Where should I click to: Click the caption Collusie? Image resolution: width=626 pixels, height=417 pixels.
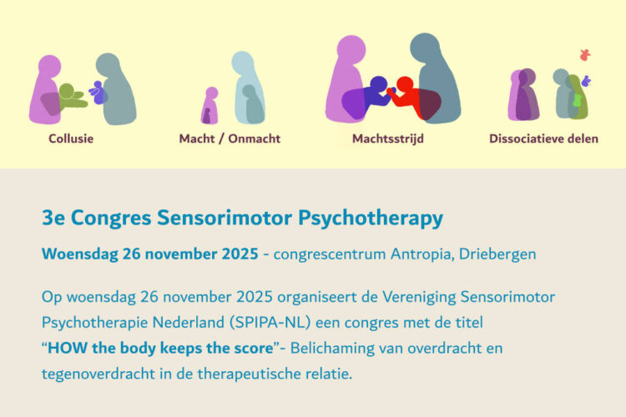[71, 138]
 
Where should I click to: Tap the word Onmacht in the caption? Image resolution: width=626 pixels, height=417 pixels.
[255, 138]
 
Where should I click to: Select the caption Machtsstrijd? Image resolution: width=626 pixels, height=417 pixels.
[387, 138]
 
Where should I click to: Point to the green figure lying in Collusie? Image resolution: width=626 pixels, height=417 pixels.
[72, 97]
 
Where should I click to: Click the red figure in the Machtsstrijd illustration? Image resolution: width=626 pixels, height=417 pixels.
[407, 96]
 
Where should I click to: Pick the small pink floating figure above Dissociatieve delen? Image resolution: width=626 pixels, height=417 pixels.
[585, 55]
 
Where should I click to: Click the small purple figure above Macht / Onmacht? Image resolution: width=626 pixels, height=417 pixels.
[210, 106]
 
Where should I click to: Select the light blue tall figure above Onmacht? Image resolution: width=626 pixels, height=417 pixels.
[248, 88]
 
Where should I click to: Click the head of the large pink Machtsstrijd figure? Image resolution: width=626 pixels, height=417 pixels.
[351, 49]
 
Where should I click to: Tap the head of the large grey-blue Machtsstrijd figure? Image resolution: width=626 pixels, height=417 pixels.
[425, 47]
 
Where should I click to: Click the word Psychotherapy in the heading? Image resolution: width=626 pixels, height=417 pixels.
[371, 219]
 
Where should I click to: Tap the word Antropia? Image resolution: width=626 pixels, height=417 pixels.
[422, 254]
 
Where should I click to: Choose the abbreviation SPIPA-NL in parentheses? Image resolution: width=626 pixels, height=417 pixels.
[270, 323]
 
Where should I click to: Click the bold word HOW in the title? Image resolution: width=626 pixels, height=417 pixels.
[68, 348]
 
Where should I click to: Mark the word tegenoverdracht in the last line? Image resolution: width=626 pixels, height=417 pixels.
[98, 374]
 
